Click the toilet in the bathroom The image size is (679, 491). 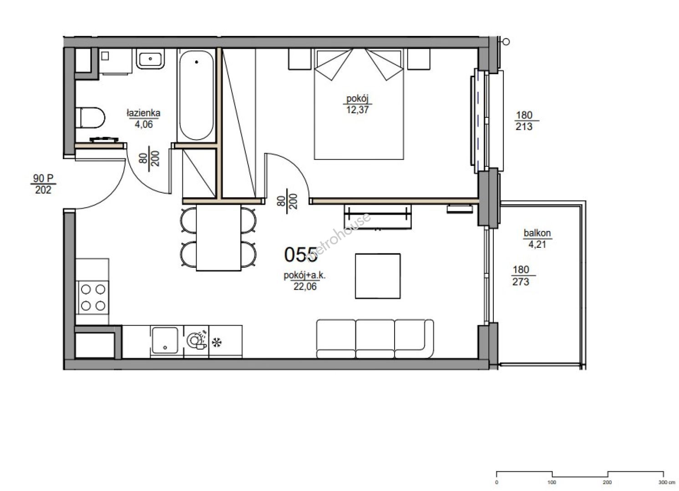[x=90, y=118]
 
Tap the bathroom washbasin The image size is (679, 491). [x=150, y=59]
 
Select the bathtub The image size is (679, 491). [x=197, y=95]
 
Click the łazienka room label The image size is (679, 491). [x=143, y=113]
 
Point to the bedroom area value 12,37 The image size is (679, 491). [x=358, y=110]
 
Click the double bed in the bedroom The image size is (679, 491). [x=359, y=104]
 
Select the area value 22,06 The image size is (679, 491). [x=305, y=286]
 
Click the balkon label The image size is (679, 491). [x=537, y=233]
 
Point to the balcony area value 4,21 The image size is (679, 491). [x=537, y=245]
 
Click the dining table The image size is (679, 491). [x=218, y=237]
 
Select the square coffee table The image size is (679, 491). [x=378, y=276]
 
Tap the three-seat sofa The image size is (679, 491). [x=375, y=339]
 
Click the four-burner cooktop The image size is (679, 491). [x=93, y=298]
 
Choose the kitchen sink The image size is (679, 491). [x=165, y=340]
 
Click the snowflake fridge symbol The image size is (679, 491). [x=217, y=343]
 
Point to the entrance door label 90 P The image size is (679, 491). [x=43, y=178]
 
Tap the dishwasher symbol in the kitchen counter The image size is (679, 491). [x=197, y=341]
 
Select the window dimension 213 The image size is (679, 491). [x=524, y=126]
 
